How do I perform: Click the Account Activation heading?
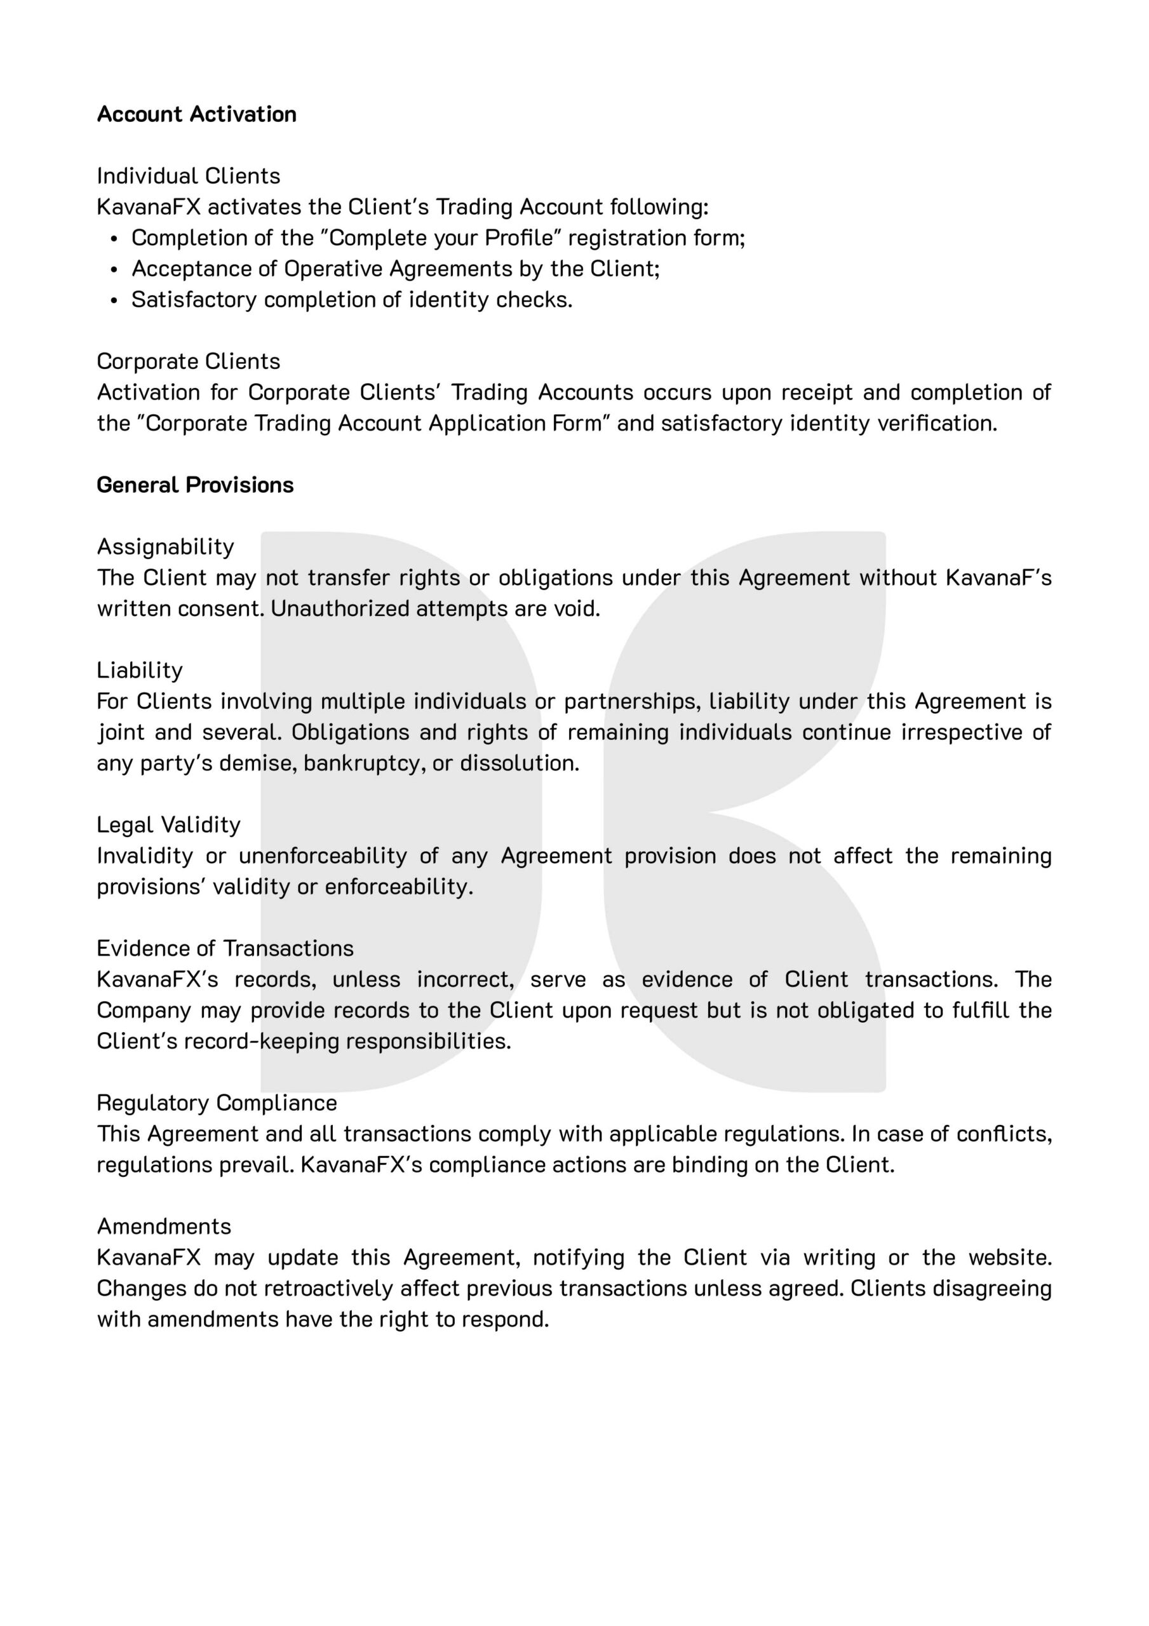[x=196, y=114]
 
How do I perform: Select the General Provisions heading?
[x=195, y=485]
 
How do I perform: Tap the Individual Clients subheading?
[x=189, y=176]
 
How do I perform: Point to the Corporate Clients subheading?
[x=189, y=361]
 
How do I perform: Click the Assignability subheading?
[x=165, y=547]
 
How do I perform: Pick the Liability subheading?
[x=140, y=670]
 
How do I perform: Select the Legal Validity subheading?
[x=168, y=825]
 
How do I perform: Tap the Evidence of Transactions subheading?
[x=225, y=948]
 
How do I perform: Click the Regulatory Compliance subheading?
[x=217, y=1103]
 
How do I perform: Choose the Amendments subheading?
[x=164, y=1226]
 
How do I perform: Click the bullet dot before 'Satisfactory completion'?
[x=115, y=301]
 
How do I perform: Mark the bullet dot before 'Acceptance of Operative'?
[x=115, y=270]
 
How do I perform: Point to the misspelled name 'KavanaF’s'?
[x=998, y=578]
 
